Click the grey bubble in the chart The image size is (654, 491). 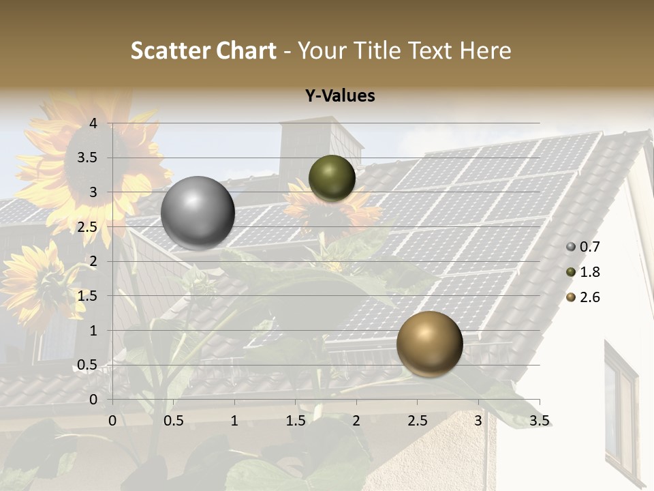(x=198, y=213)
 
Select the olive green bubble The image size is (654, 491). (x=332, y=178)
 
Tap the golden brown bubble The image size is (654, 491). (x=429, y=344)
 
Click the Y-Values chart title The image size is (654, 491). (x=339, y=96)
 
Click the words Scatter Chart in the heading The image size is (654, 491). (x=203, y=50)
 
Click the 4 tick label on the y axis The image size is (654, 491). (x=93, y=123)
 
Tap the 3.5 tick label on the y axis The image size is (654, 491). (x=88, y=158)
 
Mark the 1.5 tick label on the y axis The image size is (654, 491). (x=88, y=296)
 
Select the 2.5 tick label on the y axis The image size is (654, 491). (x=88, y=227)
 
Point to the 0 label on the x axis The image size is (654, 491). (x=112, y=421)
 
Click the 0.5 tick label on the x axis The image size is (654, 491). (x=173, y=421)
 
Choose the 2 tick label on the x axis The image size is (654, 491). (x=356, y=421)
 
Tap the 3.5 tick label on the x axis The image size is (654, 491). (x=539, y=421)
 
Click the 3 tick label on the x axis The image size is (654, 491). (x=478, y=421)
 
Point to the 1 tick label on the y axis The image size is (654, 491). (x=93, y=331)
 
